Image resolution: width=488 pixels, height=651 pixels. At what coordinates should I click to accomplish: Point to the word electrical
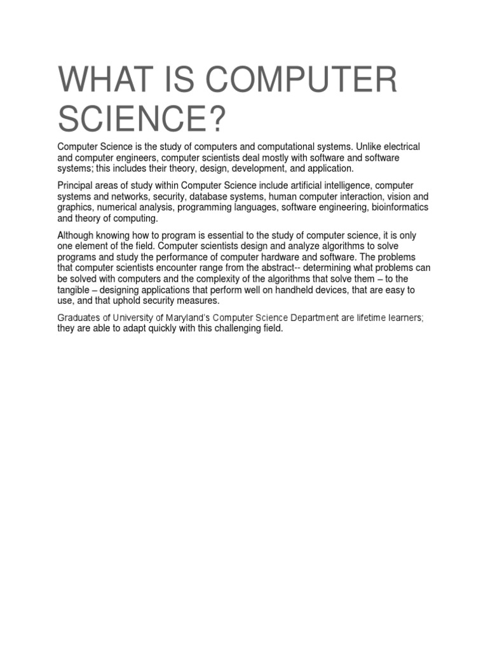tap(400, 147)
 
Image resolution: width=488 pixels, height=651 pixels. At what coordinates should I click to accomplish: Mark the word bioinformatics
tap(400, 207)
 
